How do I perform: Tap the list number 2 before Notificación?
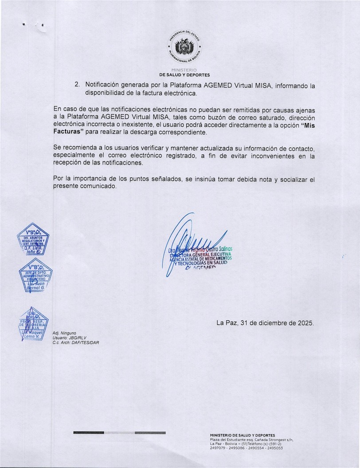77,84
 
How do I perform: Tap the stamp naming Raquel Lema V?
32,328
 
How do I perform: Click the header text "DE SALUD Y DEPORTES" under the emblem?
184,75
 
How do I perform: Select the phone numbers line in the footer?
246,448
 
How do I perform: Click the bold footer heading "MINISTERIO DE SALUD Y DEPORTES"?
242,435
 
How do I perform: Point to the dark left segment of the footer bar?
89,432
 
